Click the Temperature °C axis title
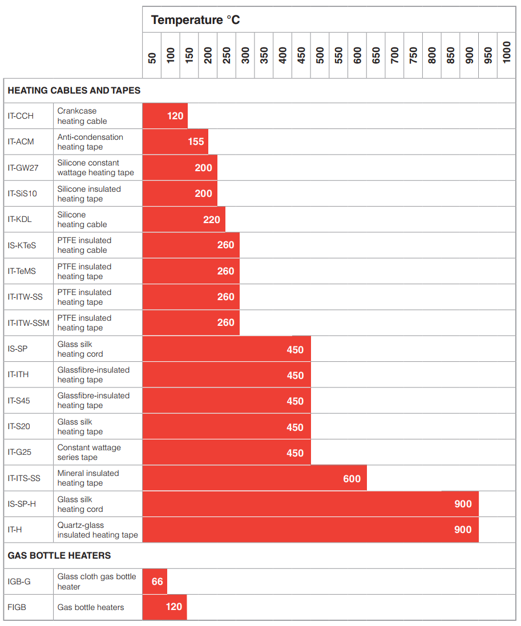pyautogui.click(x=195, y=20)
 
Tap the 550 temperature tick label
pyautogui.click(x=339, y=55)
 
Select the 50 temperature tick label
pyautogui.click(x=152, y=58)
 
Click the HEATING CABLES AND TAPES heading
pyautogui.click(x=74, y=90)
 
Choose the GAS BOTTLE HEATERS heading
pyautogui.click(x=59, y=555)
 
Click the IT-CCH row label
pyautogui.click(x=21, y=116)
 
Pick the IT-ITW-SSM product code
pyautogui.click(x=29, y=323)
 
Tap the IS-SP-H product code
pyautogui.click(x=22, y=504)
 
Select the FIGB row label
pyautogui.click(x=17, y=607)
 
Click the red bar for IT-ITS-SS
pyautogui.click(x=255, y=478)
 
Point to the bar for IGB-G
pyautogui.click(x=155, y=581)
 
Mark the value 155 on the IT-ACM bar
pyautogui.click(x=196, y=142)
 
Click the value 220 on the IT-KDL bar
pyautogui.click(x=212, y=220)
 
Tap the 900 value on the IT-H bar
pyautogui.click(x=463, y=530)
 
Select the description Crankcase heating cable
pyautogui.click(x=82, y=116)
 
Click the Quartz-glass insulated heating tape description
pyautogui.click(x=98, y=530)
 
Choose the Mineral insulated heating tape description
pyautogui.click(x=88, y=478)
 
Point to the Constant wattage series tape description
pyautogui.click(x=89, y=452)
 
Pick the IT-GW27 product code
pyautogui.click(x=23, y=168)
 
